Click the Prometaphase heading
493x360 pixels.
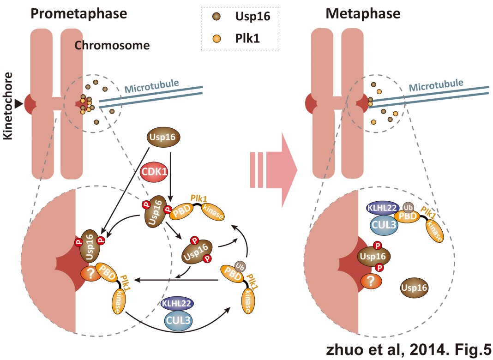click(x=78, y=13)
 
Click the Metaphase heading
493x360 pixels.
click(x=362, y=13)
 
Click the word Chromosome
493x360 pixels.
click(x=112, y=46)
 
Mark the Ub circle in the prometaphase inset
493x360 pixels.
click(x=239, y=266)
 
